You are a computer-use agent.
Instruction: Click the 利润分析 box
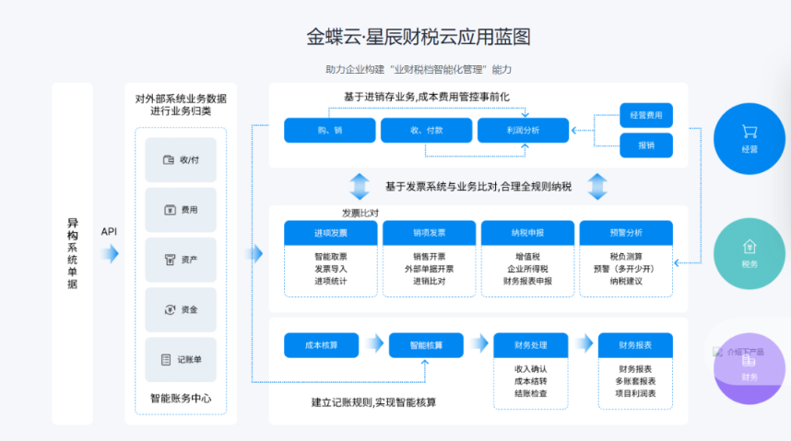pyautogui.click(x=523, y=131)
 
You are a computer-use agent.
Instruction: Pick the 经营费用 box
pyautogui.click(x=645, y=115)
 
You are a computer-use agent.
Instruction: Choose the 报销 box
pyautogui.click(x=645, y=145)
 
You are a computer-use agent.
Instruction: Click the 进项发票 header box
pyautogui.click(x=330, y=232)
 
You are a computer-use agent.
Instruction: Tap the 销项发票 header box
pyautogui.click(x=430, y=232)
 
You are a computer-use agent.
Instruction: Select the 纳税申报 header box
pyautogui.click(x=527, y=232)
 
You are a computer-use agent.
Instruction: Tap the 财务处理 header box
pyautogui.click(x=532, y=345)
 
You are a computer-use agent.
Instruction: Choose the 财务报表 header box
pyautogui.click(x=636, y=345)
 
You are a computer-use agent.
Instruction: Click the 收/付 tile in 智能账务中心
pyautogui.click(x=181, y=159)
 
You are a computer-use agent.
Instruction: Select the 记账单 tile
pyautogui.click(x=181, y=360)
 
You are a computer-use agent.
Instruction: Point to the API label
pyautogui.click(x=109, y=231)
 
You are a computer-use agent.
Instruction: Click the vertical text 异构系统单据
pyautogui.click(x=72, y=253)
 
